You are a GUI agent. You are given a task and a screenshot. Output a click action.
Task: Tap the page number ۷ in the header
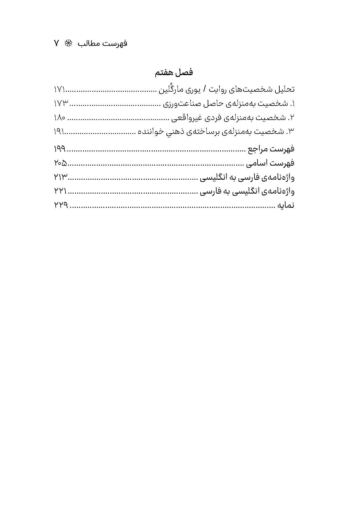point(57,43)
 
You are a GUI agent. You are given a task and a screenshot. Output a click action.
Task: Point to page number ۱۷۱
point(59,90)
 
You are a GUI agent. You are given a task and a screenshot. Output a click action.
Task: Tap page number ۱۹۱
point(59,132)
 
